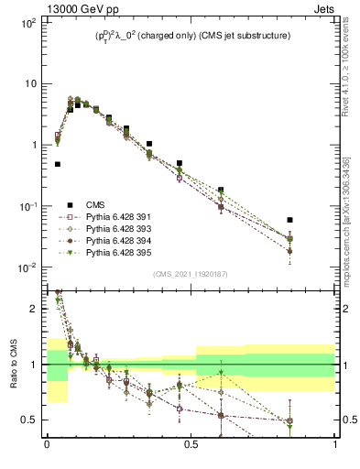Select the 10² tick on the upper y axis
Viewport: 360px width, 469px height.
[27, 22]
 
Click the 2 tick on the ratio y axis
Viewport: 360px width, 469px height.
[35, 310]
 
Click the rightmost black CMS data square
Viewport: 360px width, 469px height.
[289, 220]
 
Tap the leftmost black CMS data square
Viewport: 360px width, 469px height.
[58, 164]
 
